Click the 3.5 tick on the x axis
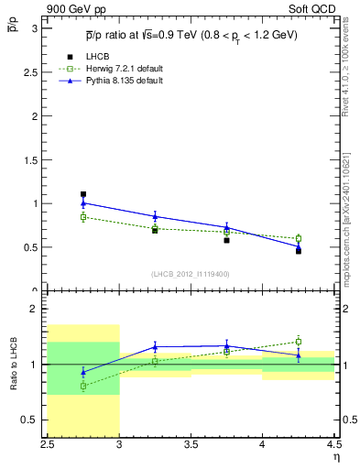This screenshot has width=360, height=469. tap(191, 444)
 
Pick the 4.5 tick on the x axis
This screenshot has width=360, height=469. tap(333, 444)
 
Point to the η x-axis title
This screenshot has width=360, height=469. tap(335, 457)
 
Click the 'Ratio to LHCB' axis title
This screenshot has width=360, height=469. tap(14, 365)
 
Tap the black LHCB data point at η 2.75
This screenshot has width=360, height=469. tap(83, 194)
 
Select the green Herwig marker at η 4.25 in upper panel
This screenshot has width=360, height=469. tap(298, 238)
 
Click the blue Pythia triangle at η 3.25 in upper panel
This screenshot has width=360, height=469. tap(155, 216)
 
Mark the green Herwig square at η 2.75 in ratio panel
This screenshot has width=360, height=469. tap(83, 386)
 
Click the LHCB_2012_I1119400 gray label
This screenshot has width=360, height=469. tap(191, 274)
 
